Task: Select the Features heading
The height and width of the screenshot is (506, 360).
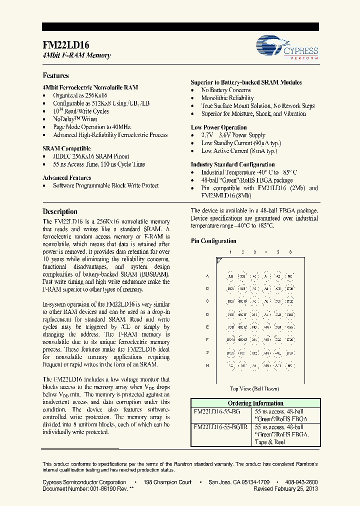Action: [x=55, y=75]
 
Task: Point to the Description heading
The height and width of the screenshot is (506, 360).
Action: [x=60, y=211]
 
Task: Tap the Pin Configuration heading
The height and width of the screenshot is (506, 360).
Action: [x=213, y=241]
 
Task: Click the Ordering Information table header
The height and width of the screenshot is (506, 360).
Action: [x=255, y=403]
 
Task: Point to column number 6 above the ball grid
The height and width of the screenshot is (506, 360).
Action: [x=290, y=252]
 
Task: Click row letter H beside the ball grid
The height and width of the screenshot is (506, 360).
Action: [x=207, y=365]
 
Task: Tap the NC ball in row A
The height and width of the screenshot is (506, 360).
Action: [x=290, y=276]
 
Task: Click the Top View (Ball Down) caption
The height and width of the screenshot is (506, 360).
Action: [x=254, y=388]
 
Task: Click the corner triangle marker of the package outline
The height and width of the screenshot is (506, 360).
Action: [x=219, y=260]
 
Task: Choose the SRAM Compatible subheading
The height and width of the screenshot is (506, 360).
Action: [x=66, y=148]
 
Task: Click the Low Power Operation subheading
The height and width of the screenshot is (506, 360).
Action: [x=218, y=127]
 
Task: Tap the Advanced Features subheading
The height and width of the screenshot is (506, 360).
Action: [x=66, y=177]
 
